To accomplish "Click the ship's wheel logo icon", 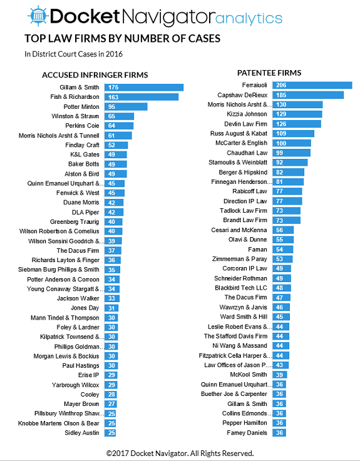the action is [x=37, y=16].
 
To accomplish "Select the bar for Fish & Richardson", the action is [x=141, y=97].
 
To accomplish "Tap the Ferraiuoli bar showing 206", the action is [x=312, y=85].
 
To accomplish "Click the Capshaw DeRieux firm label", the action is [x=242, y=95].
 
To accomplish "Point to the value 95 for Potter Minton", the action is [x=111, y=107].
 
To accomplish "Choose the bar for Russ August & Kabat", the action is [x=293, y=133].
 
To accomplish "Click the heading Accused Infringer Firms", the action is [x=95, y=75].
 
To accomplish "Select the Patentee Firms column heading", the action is [x=269, y=73].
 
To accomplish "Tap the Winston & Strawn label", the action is [x=75, y=116].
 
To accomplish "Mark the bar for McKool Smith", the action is [x=280, y=375].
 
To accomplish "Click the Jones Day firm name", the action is [x=85, y=308].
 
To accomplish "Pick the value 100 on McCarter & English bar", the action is [x=281, y=143].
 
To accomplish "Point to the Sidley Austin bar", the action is [x=110, y=433].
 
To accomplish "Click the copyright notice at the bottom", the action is [x=180, y=453].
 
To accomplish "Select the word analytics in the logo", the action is [x=249, y=18].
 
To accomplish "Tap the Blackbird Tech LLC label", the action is [x=241, y=288].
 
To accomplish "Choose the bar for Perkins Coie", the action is [x=119, y=126].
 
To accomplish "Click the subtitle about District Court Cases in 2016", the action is [x=73, y=54].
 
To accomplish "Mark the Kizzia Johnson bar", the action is [x=297, y=114].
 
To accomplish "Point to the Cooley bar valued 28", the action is [x=111, y=395].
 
